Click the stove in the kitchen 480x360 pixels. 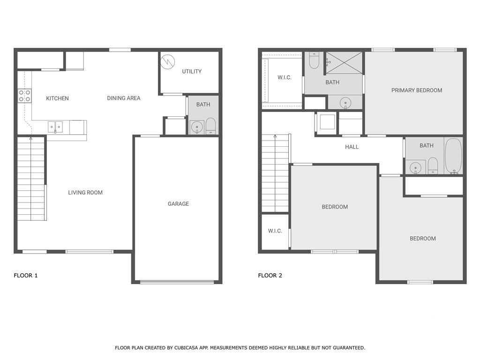[x=24, y=96]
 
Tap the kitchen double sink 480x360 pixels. [x=55, y=127]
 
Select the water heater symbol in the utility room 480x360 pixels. [x=167, y=61]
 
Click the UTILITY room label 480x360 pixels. [x=192, y=72]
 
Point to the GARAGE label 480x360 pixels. [x=178, y=204]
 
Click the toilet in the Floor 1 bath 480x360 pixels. [x=210, y=126]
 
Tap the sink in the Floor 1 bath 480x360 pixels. [x=197, y=127]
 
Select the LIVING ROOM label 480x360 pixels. [x=85, y=193]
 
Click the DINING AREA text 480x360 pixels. [x=123, y=98]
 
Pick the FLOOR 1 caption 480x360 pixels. [x=25, y=276]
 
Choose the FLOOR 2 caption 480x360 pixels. [x=270, y=276]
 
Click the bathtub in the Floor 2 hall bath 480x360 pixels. [x=453, y=156]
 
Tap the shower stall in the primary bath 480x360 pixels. [x=344, y=63]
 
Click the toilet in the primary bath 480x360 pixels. [x=314, y=60]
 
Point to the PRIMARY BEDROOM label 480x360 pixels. [x=416, y=90]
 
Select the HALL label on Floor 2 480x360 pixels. [x=352, y=147]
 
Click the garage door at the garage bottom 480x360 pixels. [x=177, y=282]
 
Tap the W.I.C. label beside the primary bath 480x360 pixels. [x=284, y=78]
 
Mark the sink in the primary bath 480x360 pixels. [x=345, y=102]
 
